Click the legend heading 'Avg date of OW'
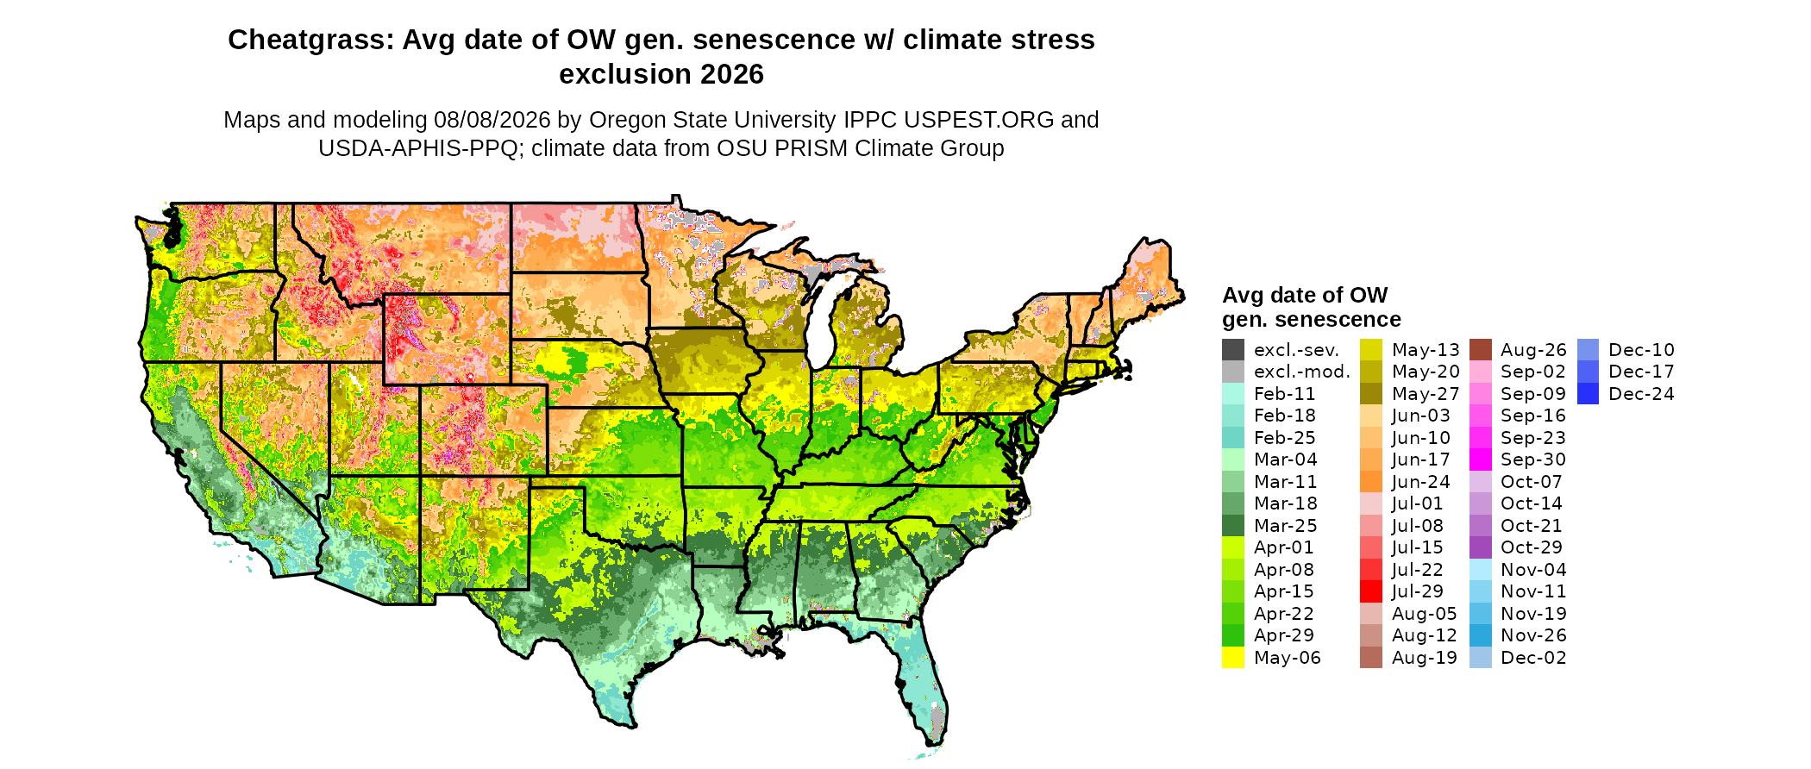point(1305,295)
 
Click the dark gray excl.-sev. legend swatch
point(1233,349)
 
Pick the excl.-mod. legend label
point(1301,372)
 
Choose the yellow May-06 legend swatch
point(1233,657)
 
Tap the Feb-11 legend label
point(1284,394)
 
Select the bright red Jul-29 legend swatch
point(1371,591)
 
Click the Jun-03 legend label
point(1421,416)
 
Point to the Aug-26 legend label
point(1533,350)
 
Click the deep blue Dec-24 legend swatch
point(1589,393)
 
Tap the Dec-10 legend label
point(1641,350)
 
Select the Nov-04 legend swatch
point(1481,569)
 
